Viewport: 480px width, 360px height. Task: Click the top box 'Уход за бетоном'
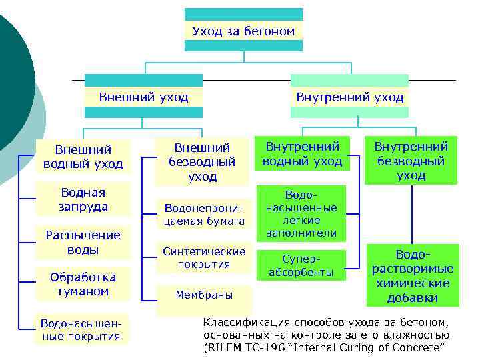click(243, 31)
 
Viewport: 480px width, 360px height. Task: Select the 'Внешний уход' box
click(143, 97)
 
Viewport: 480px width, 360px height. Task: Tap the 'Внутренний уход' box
click(349, 97)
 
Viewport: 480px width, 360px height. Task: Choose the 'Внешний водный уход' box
click(83, 157)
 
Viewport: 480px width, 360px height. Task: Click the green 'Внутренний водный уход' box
click(302, 153)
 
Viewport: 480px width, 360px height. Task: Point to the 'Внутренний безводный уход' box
click(411, 161)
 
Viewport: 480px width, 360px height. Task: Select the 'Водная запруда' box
click(83, 199)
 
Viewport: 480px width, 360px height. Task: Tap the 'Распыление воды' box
click(83, 243)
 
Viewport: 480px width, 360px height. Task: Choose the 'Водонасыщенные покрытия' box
click(81, 329)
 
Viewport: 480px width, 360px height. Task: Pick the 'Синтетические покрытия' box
click(204, 258)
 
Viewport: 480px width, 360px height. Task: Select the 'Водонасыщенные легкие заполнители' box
click(301, 213)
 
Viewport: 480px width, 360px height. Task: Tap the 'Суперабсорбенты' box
click(301, 265)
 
